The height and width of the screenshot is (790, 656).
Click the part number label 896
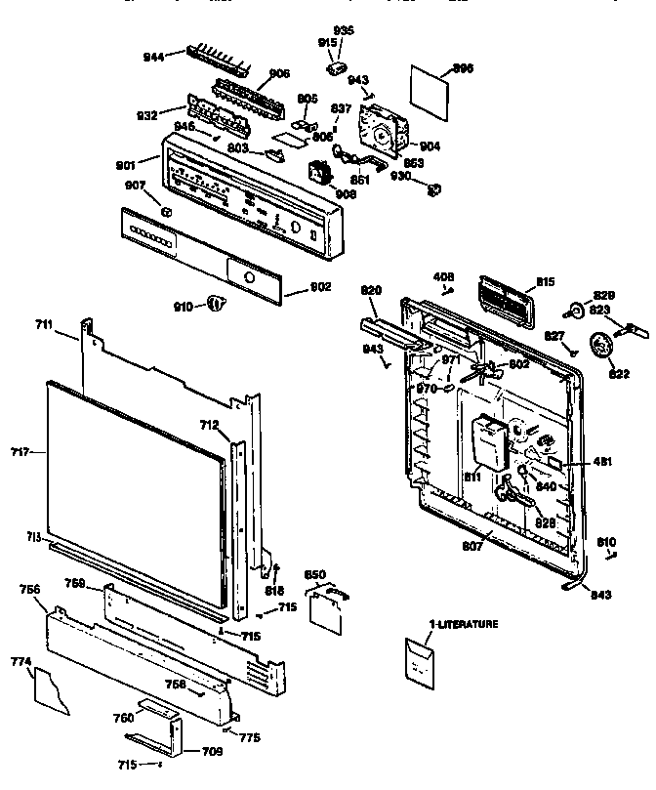(464, 68)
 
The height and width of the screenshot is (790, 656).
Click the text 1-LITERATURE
(436, 623)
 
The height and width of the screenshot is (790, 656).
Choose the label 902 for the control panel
(319, 287)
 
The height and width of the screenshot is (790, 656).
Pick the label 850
(316, 575)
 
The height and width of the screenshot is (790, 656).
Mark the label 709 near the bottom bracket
(210, 751)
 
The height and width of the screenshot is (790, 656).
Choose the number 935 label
(345, 31)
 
